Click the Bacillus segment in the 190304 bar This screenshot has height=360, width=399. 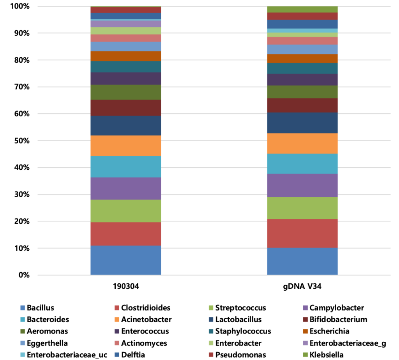click(126, 260)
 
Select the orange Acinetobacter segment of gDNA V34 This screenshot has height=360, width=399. click(302, 143)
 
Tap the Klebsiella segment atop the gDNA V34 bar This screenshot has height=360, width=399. click(302, 9)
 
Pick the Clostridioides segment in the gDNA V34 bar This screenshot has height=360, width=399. click(302, 234)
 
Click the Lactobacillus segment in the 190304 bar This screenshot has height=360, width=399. click(126, 126)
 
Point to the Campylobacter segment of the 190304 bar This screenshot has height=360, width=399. click(126, 189)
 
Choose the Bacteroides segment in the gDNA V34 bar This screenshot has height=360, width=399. click(302, 164)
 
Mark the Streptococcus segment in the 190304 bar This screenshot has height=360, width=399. click(126, 211)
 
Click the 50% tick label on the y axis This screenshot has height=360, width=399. click(22, 141)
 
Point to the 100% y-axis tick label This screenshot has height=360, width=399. click(20, 6)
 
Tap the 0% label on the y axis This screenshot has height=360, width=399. click(24, 275)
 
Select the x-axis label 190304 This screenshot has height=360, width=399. click(126, 286)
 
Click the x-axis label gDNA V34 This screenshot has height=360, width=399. click(302, 286)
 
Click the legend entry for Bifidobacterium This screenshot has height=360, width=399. click(335, 320)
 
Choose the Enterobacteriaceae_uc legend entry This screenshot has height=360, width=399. click(64, 355)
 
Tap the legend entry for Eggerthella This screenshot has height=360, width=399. click(44, 343)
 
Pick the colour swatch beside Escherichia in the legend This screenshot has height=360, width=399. click(305, 332)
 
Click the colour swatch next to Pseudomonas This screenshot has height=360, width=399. click(211, 355)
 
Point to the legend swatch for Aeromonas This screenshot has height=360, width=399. click(23, 332)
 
